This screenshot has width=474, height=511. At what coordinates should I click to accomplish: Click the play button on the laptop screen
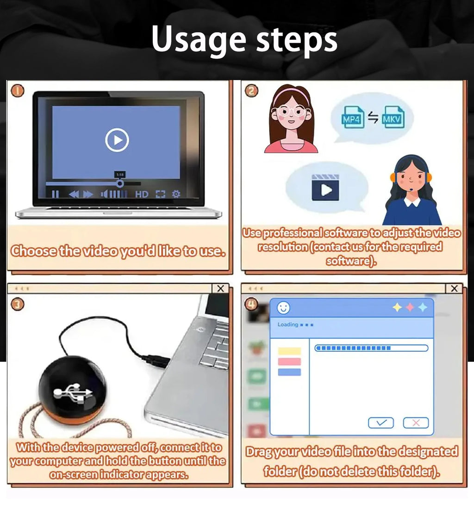[117, 140]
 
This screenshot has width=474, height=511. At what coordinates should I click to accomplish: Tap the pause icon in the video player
[56, 194]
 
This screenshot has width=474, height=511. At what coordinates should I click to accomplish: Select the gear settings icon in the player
[176, 194]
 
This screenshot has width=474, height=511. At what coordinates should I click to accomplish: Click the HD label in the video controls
[142, 195]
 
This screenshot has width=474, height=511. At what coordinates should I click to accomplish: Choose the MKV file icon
[392, 117]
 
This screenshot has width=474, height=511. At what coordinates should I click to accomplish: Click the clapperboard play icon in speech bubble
[325, 187]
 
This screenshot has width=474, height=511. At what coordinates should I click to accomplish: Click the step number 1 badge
[18, 90]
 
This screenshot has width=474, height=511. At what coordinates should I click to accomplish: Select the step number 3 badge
[17, 304]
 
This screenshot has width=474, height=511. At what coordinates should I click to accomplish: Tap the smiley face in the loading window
[283, 307]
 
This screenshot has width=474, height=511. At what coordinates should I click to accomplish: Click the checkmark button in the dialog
[380, 423]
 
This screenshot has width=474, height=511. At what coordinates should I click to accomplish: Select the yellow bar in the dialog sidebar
[289, 351]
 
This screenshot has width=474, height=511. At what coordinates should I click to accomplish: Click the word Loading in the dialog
[288, 325]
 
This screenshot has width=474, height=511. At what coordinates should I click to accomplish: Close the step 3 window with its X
[220, 289]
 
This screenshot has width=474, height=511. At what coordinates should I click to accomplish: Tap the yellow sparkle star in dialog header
[398, 307]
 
